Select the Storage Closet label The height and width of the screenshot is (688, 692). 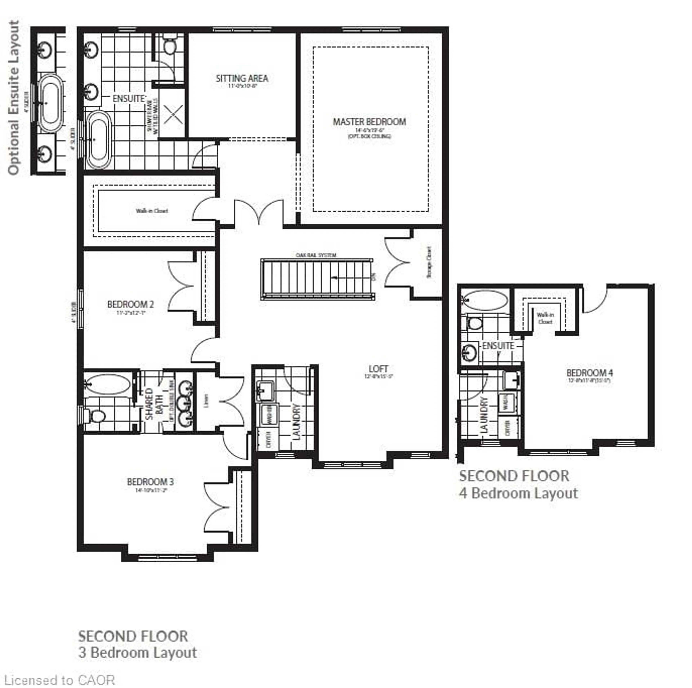click(x=429, y=263)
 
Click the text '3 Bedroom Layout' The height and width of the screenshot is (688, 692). click(x=137, y=653)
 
